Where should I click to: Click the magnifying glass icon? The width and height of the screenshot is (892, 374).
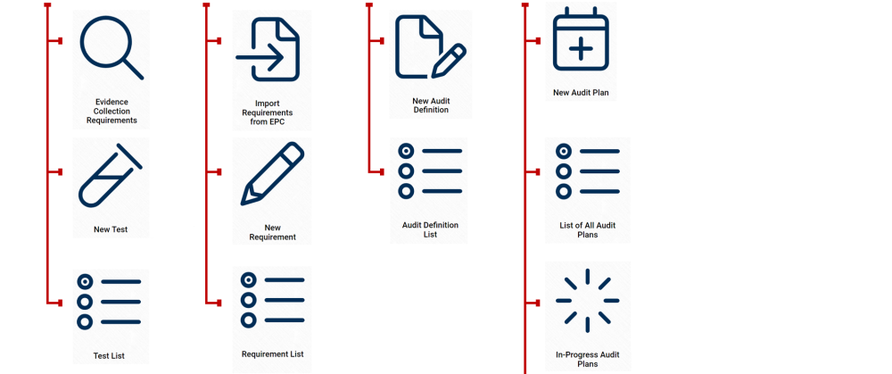pos(111,48)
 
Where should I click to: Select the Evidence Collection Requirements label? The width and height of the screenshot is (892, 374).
pos(111,111)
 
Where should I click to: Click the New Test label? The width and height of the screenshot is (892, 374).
pos(111,229)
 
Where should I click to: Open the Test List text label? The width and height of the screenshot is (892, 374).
pos(109,356)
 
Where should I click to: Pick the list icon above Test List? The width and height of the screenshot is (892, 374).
pos(109,302)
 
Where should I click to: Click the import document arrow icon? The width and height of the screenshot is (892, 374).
pos(268,50)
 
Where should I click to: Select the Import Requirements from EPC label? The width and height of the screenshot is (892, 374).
pos(268,112)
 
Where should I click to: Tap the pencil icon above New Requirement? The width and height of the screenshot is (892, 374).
pos(272,174)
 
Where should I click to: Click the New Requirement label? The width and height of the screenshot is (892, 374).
pos(272,232)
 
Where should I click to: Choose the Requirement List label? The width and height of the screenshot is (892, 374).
pos(272,354)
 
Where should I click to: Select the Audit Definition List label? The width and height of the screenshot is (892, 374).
pos(430,229)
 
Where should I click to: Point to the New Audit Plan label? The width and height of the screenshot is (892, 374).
pos(581,92)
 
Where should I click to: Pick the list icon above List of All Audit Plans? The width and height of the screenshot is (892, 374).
pos(587,171)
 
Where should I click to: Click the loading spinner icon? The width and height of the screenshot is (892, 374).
pos(587,300)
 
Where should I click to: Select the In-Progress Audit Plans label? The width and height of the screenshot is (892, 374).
pos(587,359)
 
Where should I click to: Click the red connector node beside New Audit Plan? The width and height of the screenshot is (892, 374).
pos(534,41)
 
